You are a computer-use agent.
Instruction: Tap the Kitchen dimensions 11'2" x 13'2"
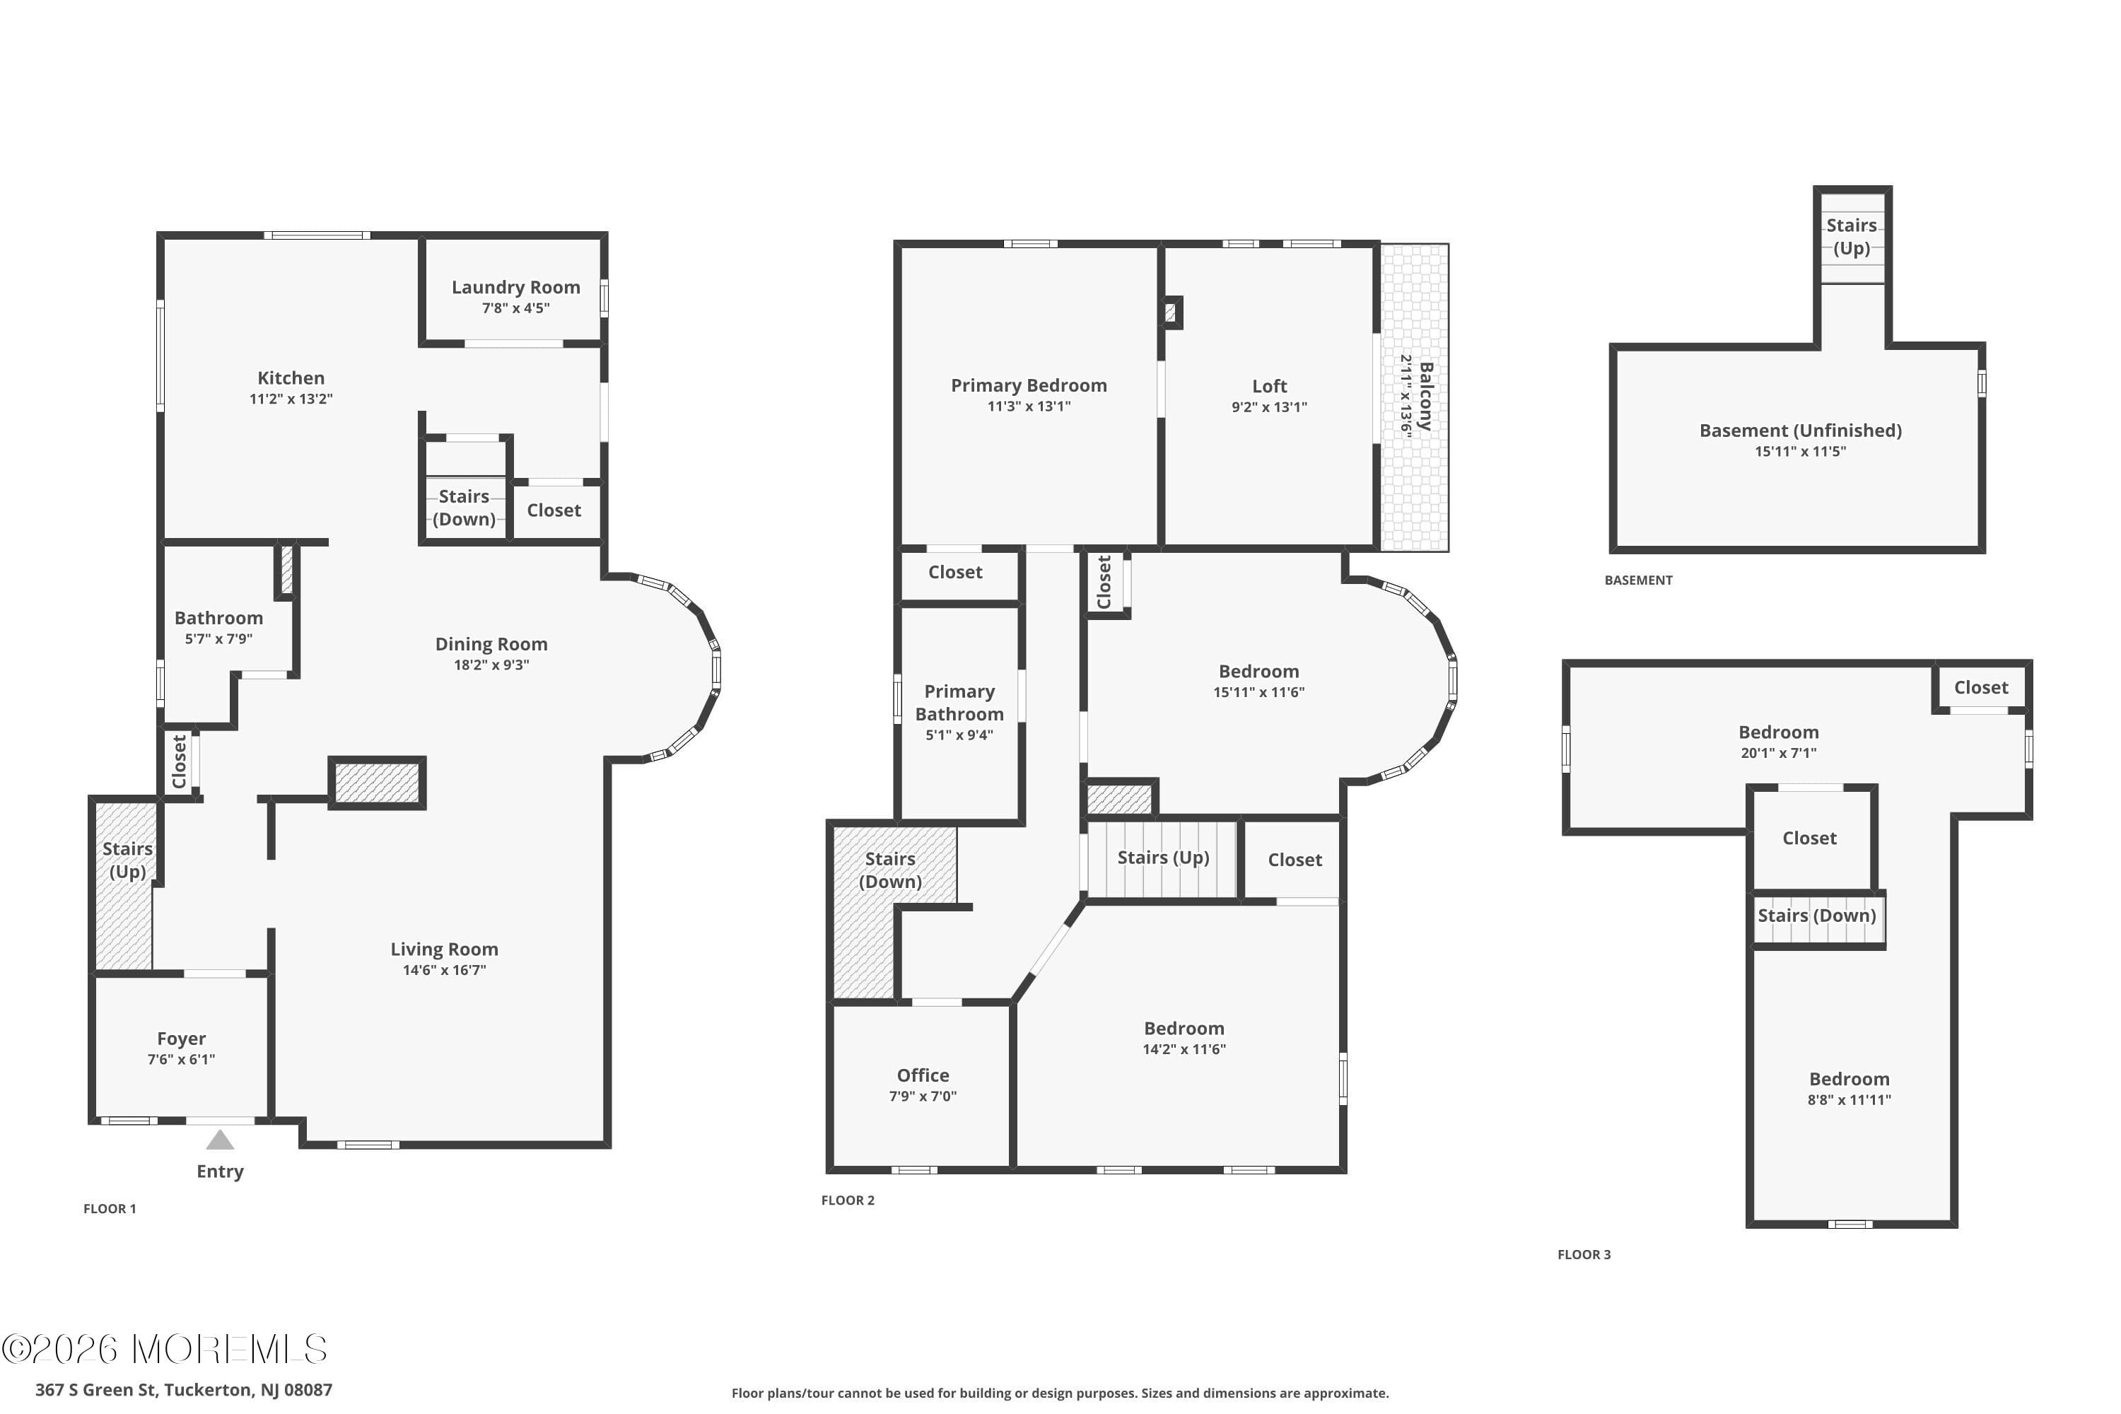tap(291, 399)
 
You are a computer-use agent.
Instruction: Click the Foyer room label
tap(181, 1039)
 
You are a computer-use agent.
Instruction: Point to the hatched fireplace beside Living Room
tap(377, 783)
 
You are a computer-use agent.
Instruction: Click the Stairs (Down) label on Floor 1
tap(464, 508)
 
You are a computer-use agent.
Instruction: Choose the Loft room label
tap(1269, 386)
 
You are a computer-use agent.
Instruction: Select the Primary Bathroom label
tap(959, 703)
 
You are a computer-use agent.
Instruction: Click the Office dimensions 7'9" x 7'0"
tap(923, 1097)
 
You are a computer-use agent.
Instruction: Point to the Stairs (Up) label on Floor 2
tap(1162, 858)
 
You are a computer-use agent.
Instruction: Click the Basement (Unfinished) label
tap(1800, 430)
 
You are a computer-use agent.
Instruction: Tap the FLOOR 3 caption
tap(1584, 1254)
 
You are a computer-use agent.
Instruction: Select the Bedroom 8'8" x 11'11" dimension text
tap(1849, 1100)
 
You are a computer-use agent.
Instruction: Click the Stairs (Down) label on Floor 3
tap(1816, 916)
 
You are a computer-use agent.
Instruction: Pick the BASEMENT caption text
tap(1637, 580)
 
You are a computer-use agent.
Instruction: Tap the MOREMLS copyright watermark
tap(164, 1349)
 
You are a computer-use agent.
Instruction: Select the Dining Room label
tap(491, 644)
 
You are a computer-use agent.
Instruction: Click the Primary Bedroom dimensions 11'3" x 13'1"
tap(1028, 407)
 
